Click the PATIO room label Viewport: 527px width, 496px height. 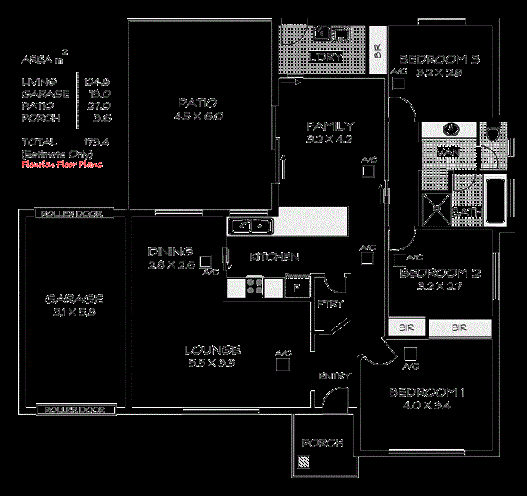[x=197, y=104]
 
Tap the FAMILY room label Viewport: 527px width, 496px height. [x=330, y=126]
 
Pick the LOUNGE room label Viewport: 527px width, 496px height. [x=212, y=349]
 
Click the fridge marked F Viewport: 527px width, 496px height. [x=295, y=287]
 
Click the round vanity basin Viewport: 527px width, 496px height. [x=452, y=131]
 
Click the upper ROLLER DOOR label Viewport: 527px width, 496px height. [x=72, y=213]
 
